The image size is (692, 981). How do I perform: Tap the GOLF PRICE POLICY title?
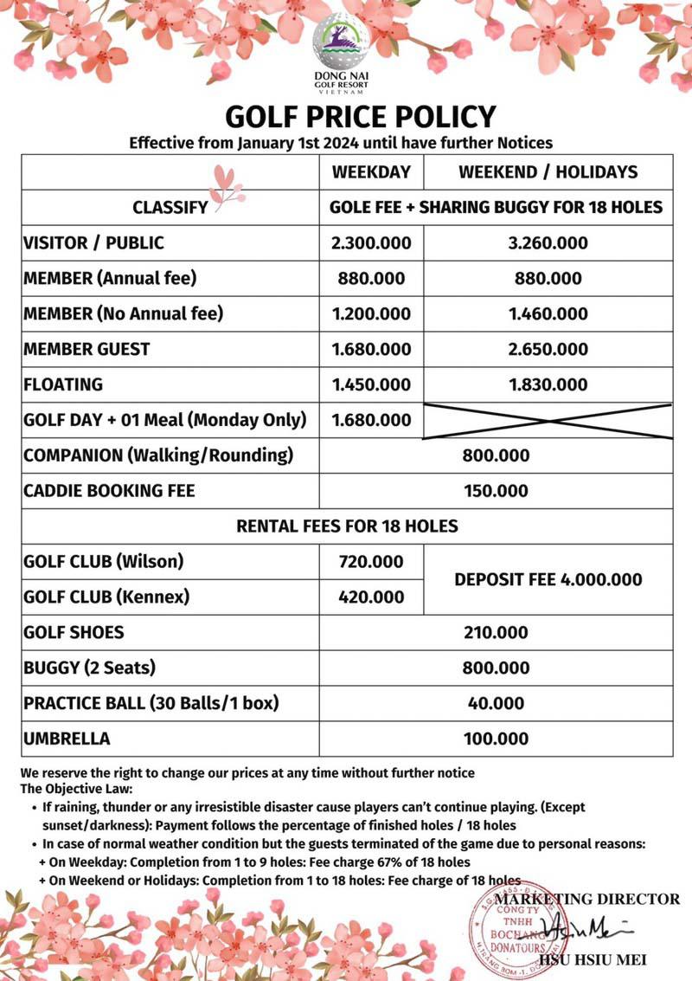[361, 117]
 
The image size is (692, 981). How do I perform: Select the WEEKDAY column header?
[371, 171]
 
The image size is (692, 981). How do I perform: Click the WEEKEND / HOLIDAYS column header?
[548, 171]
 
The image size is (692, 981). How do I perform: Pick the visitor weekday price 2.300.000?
[371, 242]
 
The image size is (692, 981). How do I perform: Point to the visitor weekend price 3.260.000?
[548, 242]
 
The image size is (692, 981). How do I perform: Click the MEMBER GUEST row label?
[86, 349]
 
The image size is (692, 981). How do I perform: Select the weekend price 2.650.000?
[548, 349]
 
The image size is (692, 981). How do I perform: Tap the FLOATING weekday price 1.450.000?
[371, 384]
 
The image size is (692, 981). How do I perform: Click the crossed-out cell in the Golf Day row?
[548, 420]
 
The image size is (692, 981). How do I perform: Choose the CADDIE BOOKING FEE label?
[109, 491]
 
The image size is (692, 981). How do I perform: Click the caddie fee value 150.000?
[496, 491]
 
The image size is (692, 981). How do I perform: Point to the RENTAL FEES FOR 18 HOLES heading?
[347, 526]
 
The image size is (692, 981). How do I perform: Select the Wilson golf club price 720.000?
[371, 561]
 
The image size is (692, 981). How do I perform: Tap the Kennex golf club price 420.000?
[371, 597]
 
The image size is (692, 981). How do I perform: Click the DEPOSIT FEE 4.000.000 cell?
[548, 579]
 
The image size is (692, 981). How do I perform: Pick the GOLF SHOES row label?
[74, 632]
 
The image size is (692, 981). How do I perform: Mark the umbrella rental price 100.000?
[496, 739]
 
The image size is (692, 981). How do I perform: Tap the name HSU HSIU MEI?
[592, 959]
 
